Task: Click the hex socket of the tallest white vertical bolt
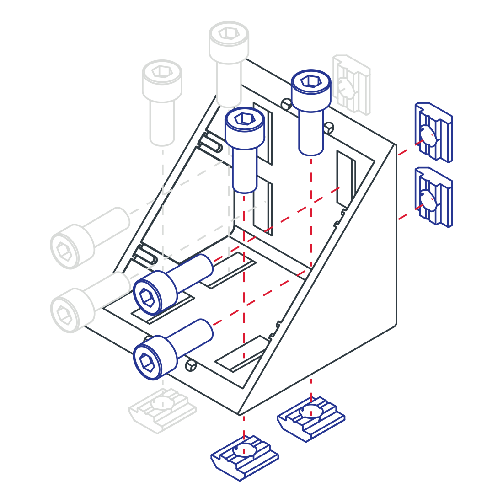coord(227,33)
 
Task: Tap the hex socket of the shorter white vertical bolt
coord(161,71)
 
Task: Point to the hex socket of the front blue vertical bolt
coord(243,119)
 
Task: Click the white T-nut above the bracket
coord(351,85)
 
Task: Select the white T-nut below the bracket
coord(162,410)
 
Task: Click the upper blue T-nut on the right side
coord(433,133)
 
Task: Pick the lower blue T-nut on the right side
coord(433,197)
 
